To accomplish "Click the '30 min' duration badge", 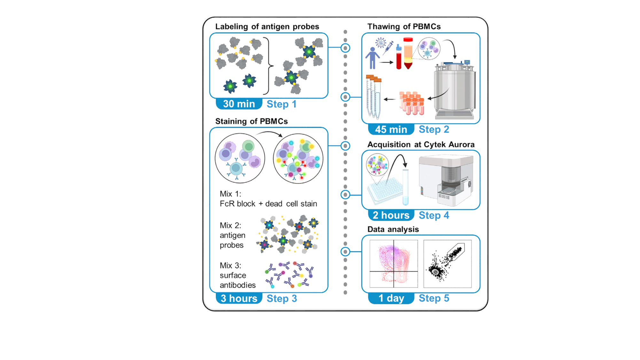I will point(239,104).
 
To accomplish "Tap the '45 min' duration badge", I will point(391,129).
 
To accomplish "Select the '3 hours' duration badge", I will point(239,298).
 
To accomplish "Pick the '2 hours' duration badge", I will point(391,215).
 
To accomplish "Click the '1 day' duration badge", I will point(391,298).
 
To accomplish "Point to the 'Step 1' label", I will point(281,104).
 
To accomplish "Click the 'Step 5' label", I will point(434,298).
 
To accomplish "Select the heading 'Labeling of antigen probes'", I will point(267,27).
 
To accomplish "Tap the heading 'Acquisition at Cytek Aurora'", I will point(421,145).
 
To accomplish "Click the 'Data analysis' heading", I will point(393,229).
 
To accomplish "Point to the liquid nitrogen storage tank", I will point(454,89).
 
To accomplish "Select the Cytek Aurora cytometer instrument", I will point(446,180).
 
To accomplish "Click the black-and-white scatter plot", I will point(447,264).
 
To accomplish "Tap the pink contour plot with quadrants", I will point(394,264).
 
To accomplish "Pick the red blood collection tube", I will point(399,57).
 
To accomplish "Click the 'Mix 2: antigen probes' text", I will point(232,235).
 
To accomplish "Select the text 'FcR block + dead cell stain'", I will point(268,204).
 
